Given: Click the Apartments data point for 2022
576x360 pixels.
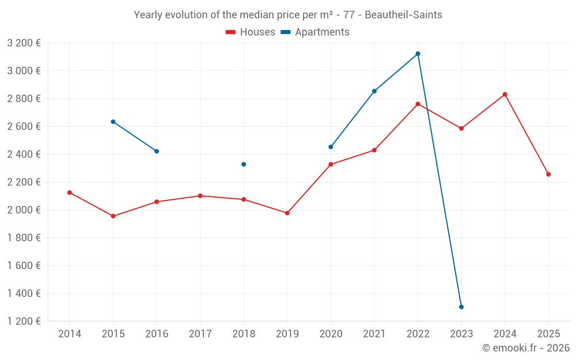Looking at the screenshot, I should [418, 54].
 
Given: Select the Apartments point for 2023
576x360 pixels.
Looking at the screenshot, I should [461, 307].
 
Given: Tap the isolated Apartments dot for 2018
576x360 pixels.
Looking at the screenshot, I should [244, 164].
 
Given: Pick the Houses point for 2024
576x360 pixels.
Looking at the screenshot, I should [505, 94].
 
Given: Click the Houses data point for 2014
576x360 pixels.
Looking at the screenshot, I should [70, 192].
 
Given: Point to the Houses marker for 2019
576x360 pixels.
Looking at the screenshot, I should [287, 213].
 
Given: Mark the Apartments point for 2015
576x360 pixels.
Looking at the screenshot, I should [113, 122].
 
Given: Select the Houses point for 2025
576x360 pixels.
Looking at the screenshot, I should [548, 175].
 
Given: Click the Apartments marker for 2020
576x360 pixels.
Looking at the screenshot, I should [331, 147].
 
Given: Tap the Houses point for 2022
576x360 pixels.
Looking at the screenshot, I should [418, 104].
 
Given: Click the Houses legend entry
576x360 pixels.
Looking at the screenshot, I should [251, 32].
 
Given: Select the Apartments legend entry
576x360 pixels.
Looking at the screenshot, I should [316, 32].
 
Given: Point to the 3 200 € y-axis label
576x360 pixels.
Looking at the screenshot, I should [24, 43].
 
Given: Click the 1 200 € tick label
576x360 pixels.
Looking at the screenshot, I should [24, 321].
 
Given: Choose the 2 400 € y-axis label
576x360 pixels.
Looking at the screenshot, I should [24, 154].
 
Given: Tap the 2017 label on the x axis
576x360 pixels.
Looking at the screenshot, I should [200, 334].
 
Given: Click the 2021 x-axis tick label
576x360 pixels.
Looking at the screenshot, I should [374, 334].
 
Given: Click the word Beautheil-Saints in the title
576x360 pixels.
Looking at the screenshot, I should [403, 15].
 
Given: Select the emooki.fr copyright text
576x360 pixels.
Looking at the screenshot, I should [526, 348].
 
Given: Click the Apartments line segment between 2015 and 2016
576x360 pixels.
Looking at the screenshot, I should [135, 137].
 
